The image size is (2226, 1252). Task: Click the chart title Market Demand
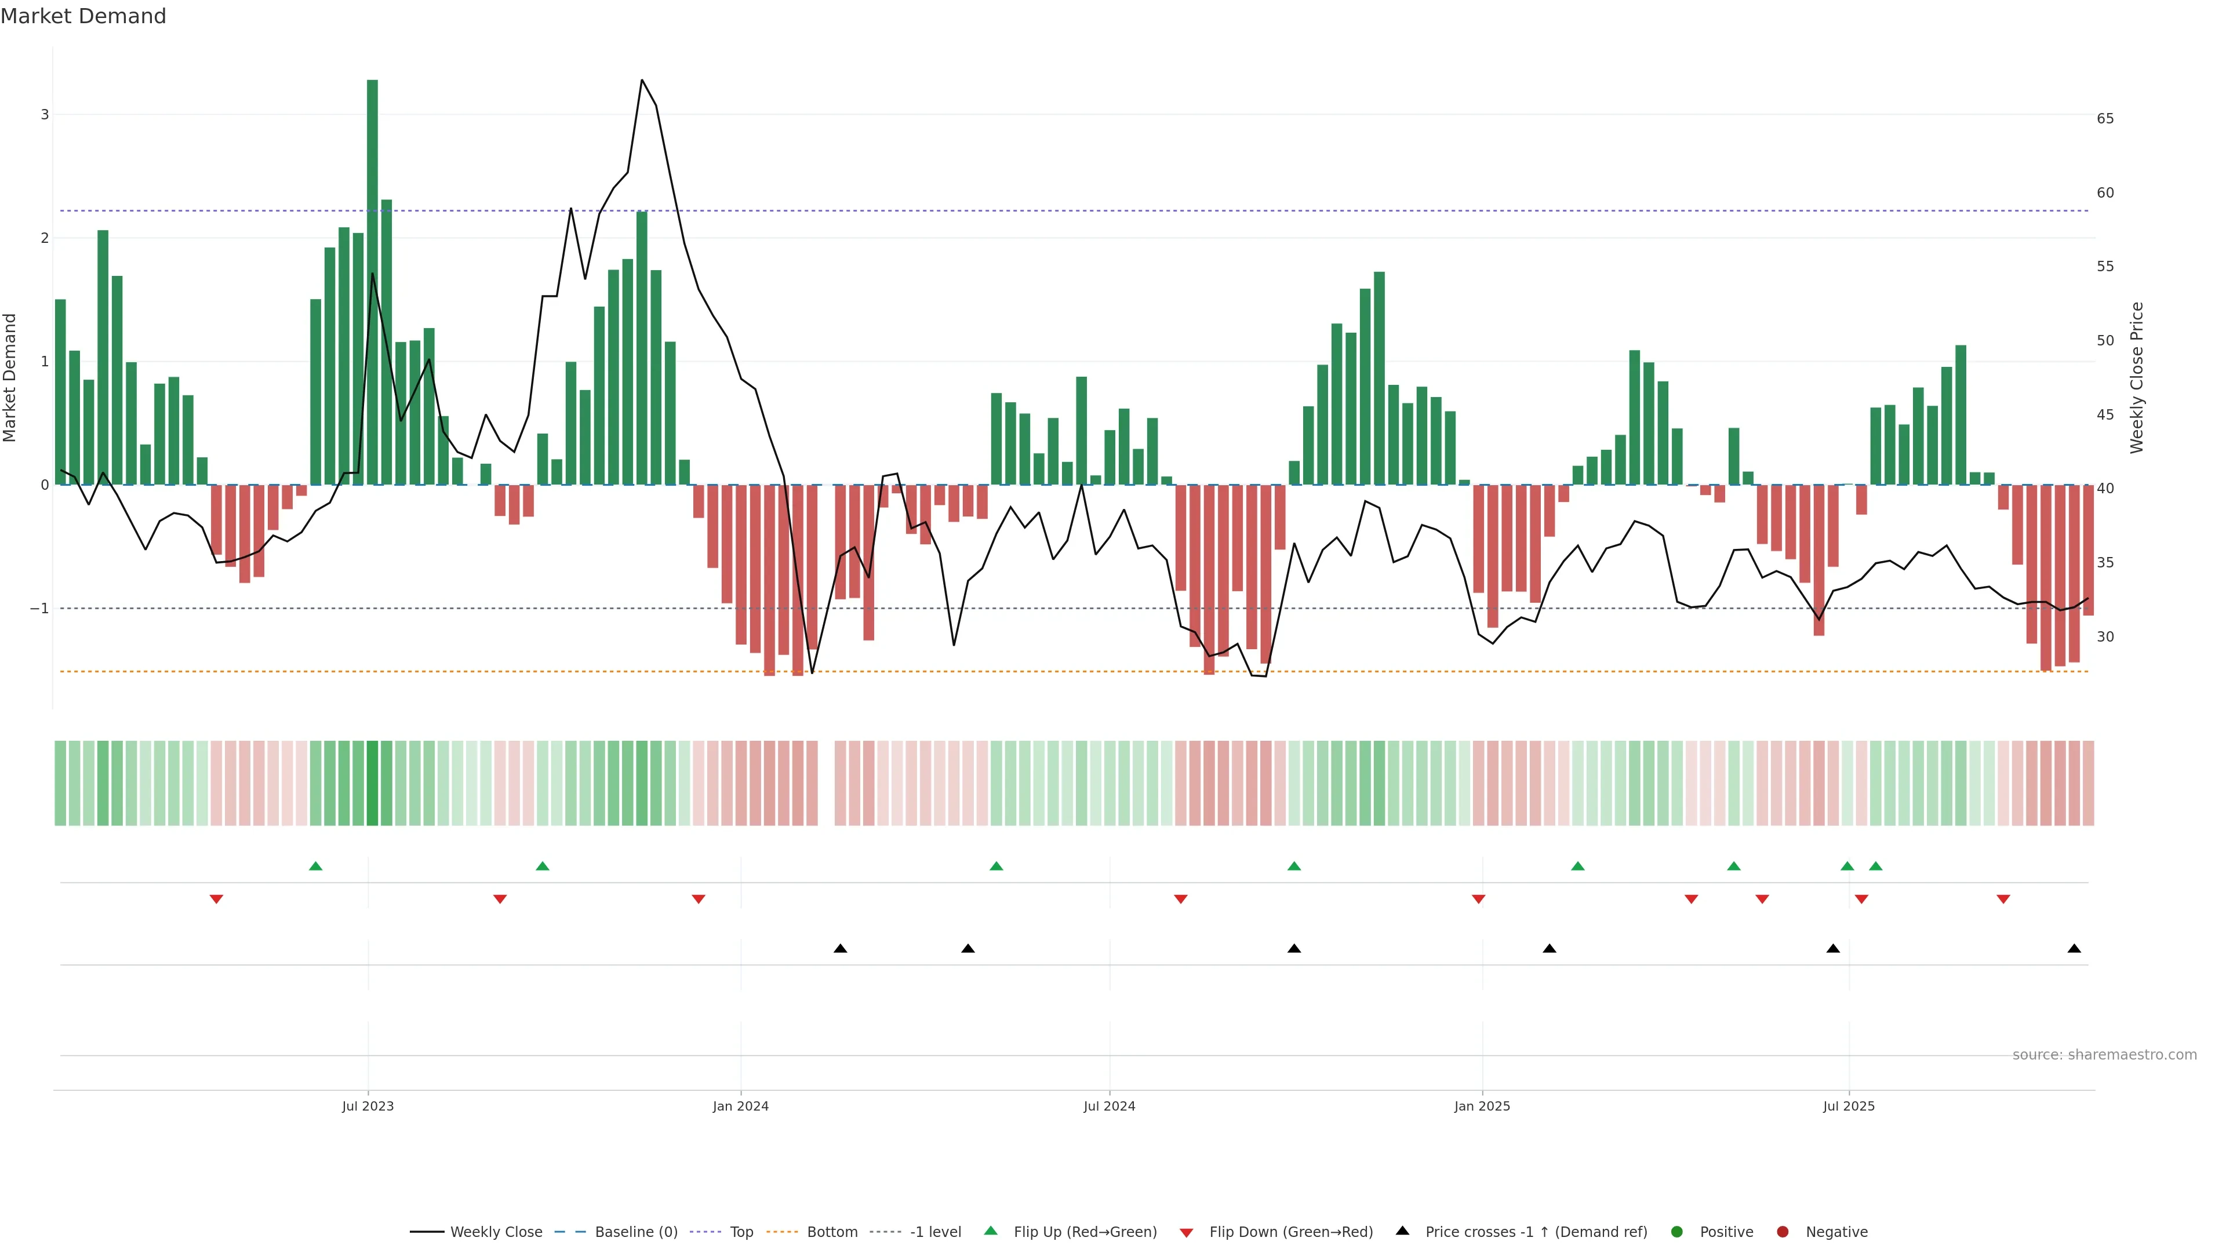point(83,16)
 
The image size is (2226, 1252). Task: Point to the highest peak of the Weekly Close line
point(641,81)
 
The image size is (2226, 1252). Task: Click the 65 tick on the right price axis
point(2105,118)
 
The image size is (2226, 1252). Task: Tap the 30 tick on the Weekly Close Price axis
point(2105,637)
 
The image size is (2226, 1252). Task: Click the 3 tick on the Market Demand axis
point(45,115)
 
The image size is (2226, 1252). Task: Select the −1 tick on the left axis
point(40,608)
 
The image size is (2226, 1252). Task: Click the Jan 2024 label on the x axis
point(741,1106)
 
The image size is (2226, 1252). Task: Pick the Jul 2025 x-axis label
point(1849,1106)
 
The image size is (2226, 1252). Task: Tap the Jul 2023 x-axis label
point(368,1106)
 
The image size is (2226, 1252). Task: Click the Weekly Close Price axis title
point(2137,377)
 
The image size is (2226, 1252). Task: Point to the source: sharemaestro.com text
point(2104,1055)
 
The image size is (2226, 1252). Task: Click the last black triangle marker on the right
point(2074,949)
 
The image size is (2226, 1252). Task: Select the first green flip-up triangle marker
point(315,867)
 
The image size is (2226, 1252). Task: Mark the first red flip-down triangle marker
point(217,900)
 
